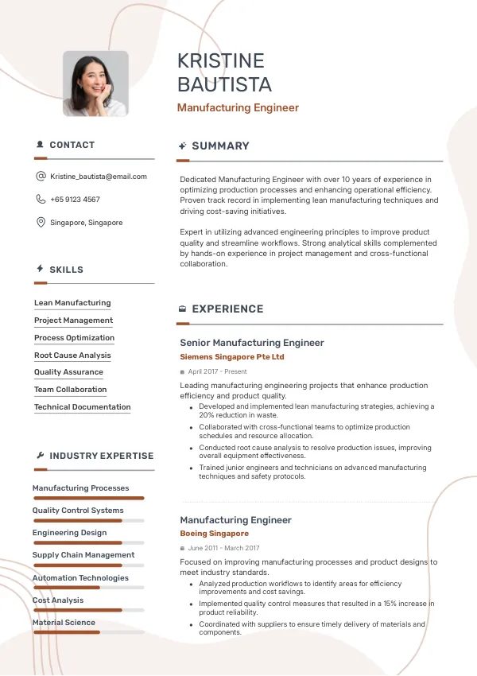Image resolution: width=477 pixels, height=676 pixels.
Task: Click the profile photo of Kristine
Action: (x=95, y=84)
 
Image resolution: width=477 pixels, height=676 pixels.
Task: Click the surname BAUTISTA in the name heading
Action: (x=224, y=84)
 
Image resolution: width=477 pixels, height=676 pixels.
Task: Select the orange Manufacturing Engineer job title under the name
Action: (x=238, y=107)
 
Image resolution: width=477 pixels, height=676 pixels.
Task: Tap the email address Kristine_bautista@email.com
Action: (x=99, y=177)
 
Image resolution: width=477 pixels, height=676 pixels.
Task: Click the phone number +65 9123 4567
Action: (x=75, y=200)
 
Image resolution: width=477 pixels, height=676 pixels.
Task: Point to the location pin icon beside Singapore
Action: (x=41, y=223)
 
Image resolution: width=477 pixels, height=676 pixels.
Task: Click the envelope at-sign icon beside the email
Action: (x=41, y=177)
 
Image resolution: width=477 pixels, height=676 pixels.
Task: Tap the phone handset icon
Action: (x=41, y=200)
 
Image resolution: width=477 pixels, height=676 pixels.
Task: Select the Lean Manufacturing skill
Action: (x=72, y=303)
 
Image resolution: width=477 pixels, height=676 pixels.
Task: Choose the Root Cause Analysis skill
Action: (x=72, y=355)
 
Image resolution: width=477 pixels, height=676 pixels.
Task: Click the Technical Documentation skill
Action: (x=83, y=407)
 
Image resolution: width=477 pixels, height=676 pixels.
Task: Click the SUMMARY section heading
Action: (x=220, y=146)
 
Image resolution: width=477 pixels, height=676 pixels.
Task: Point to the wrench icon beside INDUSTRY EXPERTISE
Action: (x=41, y=456)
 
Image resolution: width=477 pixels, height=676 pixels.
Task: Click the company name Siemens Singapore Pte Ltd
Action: (x=232, y=357)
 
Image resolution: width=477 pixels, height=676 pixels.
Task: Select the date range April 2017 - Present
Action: (x=217, y=371)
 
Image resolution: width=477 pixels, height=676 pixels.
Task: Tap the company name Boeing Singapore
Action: (x=214, y=534)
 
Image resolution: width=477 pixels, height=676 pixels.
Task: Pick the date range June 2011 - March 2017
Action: (x=223, y=548)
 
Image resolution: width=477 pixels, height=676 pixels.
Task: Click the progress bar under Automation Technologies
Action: (x=88, y=588)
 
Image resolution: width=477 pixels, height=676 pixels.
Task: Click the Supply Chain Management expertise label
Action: (x=83, y=555)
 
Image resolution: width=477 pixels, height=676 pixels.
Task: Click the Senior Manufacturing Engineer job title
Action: (x=252, y=343)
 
